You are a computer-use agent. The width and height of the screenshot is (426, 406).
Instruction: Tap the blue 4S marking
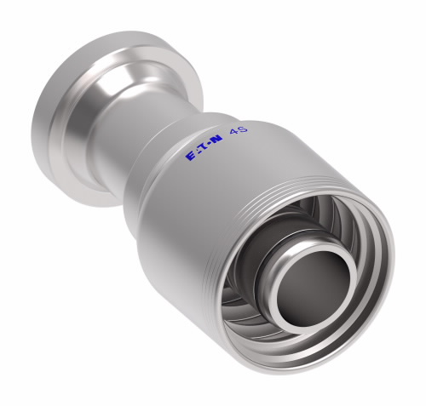[239, 130]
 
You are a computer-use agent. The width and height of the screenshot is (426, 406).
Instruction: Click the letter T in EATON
[203, 148]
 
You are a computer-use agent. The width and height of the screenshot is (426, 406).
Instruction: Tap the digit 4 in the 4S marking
[233, 132]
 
